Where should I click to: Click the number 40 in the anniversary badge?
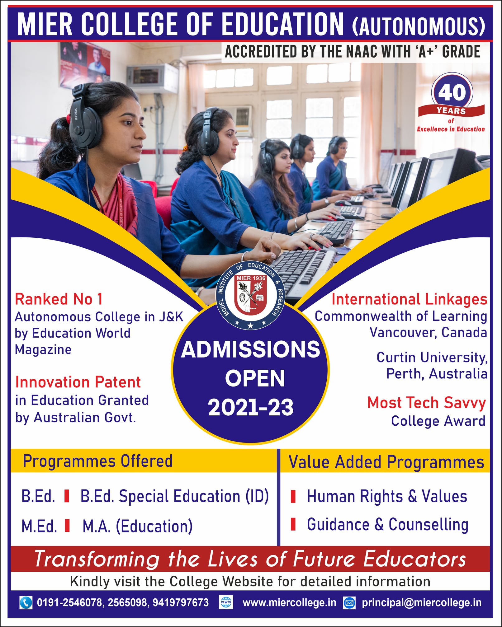pos(452,92)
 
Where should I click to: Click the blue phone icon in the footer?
pos(26,602)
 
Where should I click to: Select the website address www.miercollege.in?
pos(289,603)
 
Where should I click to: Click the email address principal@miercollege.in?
pos(421,603)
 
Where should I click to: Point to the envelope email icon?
pos(349,603)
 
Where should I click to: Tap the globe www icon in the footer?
pos(226,602)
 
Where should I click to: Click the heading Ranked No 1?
pos(59,299)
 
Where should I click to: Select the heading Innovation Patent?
pos(78,382)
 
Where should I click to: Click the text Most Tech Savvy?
pos(426,403)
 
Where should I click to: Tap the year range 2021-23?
pos(251,407)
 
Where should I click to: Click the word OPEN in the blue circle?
pos(255,378)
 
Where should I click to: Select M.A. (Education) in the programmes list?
pos(137,526)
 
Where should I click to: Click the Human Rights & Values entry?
pos(387,496)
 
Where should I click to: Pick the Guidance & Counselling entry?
pos(387,525)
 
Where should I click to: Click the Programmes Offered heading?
pos(97,461)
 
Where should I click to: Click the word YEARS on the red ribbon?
pos(451,111)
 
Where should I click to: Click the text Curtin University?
pos(432,358)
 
